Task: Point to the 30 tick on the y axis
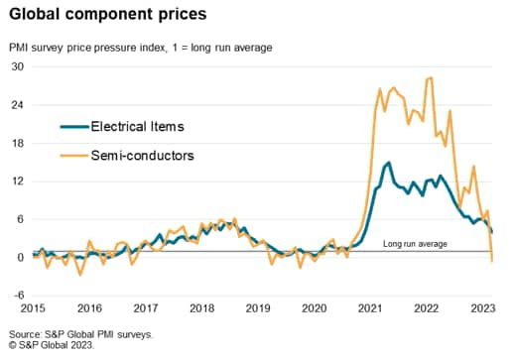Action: [x=17, y=66]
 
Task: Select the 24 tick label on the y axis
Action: [x=17, y=104]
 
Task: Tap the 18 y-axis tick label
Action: [x=17, y=143]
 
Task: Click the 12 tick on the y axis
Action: [x=17, y=180]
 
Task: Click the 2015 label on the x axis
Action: [x=33, y=307]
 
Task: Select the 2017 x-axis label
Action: [x=146, y=307]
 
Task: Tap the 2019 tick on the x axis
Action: [x=259, y=307]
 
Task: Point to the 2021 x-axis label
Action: [x=372, y=307]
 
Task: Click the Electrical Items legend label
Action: [x=137, y=127]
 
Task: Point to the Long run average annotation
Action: [x=415, y=243]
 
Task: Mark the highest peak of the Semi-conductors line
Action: [x=431, y=77]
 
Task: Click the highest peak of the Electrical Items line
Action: [x=388, y=163]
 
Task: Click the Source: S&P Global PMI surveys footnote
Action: [x=81, y=335]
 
